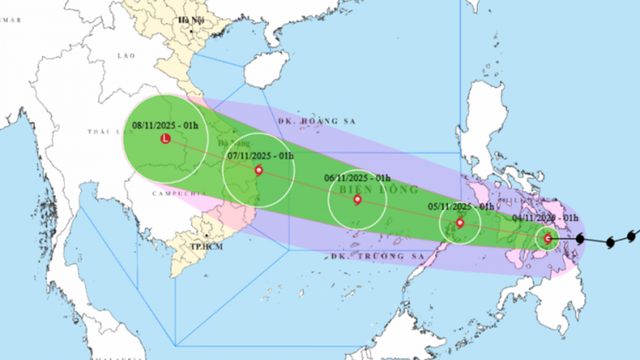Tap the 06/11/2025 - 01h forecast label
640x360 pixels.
click(x=358, y=179)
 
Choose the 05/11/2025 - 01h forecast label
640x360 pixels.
click(x=461, y=206)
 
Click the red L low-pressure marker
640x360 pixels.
click(x=166, y=138)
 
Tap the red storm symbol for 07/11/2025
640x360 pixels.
click(x=259, y=170)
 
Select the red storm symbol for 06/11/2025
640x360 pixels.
click(x=357, y=200)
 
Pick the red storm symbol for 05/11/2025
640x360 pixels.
click(x=460, y=224)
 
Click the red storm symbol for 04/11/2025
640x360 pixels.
click(x=547, y=239)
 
